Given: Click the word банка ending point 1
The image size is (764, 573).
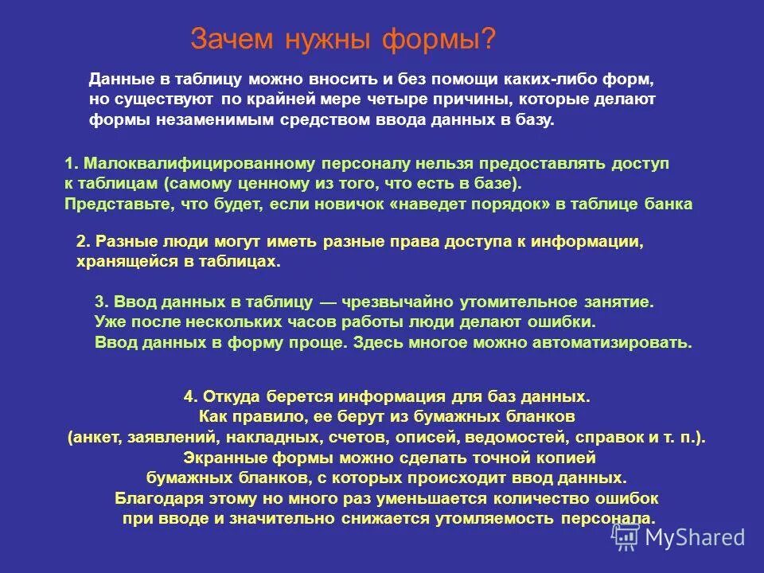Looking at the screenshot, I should pos(668,204).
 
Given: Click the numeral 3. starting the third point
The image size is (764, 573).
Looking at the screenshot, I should pos(101,303).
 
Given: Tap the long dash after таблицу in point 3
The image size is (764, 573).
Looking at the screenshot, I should pos(329,303).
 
